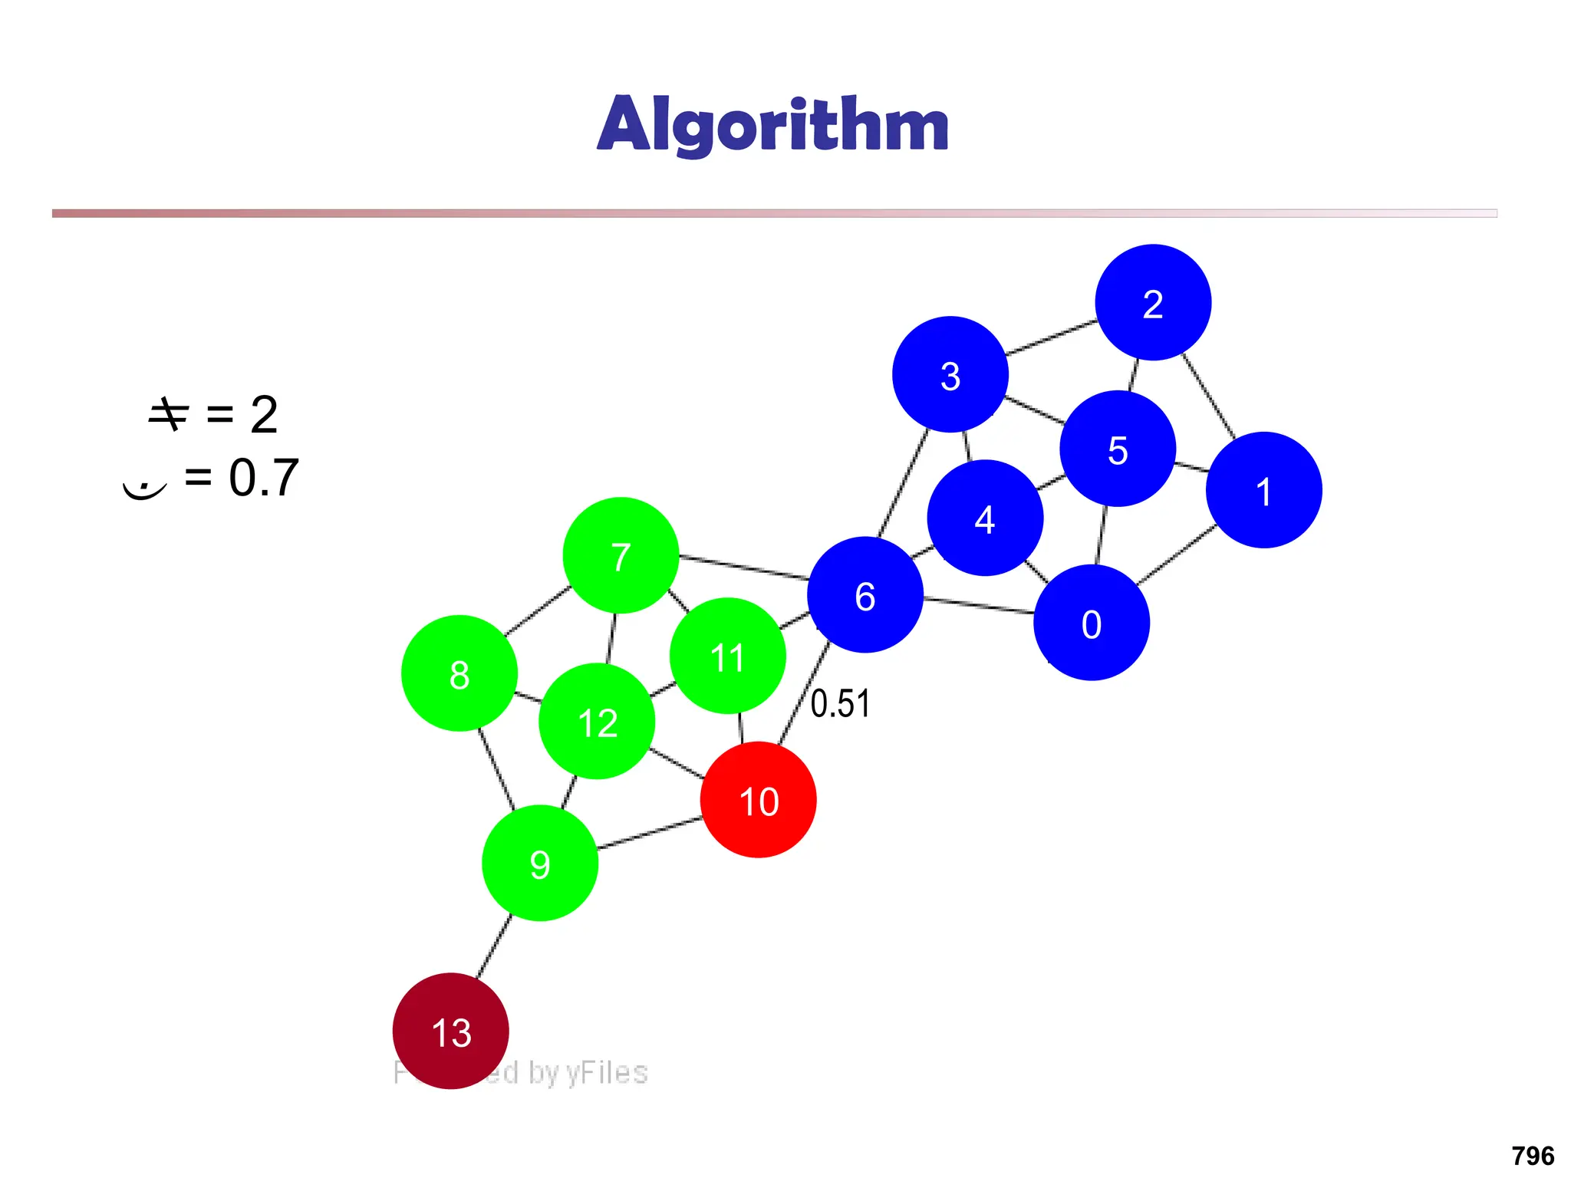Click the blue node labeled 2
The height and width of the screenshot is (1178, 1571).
pyautogui.click(x=1153, y=302)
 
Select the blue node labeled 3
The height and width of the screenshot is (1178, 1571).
pyautogui.click(x=950, y=374)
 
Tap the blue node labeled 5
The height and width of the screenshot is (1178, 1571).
pyautogui.click(x=1118, y=449)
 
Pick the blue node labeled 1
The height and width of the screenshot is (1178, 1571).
pyautogui.click(x=1263, y=490)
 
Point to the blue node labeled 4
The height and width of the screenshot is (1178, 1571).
pyautogui.click(x=985, y=518)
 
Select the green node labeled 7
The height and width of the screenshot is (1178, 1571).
pyautogui.click(x=621, y=555)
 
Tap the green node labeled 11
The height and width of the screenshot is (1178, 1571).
pyautogui.click(x=727, y=656)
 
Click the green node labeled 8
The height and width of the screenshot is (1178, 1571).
pyautogui.click(x=459, y=673)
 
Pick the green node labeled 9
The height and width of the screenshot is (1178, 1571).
pyautogui.click(x=539, y=863)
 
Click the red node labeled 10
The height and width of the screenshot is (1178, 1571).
pyautogui.click(x=758, y=800)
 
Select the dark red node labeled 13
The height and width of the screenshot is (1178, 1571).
pyautogui.click(x=450, y=1031)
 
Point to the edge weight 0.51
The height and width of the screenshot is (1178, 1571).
pyautogui.click(x=840, y=703)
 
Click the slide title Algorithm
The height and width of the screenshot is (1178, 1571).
pyautogui.click(x=773, y=124)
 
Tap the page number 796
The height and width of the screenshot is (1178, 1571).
pyautogui.click(x=1532, y=1155)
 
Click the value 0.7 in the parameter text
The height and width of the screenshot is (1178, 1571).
pyautogui.click(x=263, y=477)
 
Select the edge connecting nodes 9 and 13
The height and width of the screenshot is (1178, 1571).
pyautogui.click(x=494, y=946)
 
